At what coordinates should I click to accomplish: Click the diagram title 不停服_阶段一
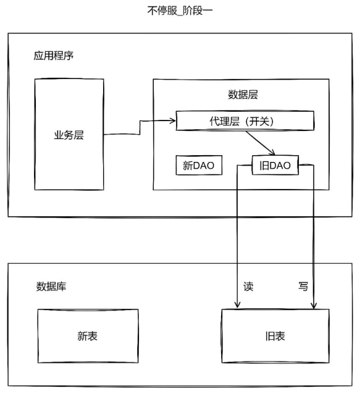[180, 11]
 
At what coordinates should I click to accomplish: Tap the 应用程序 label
[54, 56]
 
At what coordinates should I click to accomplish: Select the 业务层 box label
[69, 135]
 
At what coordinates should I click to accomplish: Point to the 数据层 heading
[243, 95]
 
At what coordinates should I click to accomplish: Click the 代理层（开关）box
[245, 121]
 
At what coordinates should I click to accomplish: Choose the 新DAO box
[199, 165]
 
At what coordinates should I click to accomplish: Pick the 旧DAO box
[275, 165]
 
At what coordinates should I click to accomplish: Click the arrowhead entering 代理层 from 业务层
[173, 121]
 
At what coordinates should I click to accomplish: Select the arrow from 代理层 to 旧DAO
[261, 143]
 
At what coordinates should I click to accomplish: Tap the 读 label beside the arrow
[248, 286]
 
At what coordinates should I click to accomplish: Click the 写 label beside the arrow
[303, 286]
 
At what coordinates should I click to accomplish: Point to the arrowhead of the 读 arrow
[237, 305]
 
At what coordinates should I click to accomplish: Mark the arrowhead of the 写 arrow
[314, 305]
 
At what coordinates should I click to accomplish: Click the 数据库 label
[51, 286]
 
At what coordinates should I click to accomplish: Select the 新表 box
[88, 336]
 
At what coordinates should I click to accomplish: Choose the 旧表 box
[275, 336]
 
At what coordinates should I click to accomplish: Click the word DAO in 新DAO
[204, 166]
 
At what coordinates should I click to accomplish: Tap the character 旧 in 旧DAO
[264, 166]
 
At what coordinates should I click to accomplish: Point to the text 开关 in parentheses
[260, 121]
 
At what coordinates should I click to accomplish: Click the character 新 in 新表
[82, 336]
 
